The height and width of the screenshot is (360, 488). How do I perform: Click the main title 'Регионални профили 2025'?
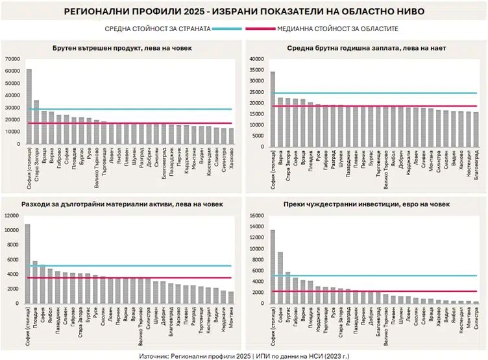244,11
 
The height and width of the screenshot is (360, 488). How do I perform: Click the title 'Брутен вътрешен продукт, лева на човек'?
122,49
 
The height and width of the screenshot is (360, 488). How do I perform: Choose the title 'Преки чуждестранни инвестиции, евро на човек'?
366,205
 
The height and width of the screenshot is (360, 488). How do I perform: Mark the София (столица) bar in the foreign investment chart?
273,267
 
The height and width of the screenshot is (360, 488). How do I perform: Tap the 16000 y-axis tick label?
256,215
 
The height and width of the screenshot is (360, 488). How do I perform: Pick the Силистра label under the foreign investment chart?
476,318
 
